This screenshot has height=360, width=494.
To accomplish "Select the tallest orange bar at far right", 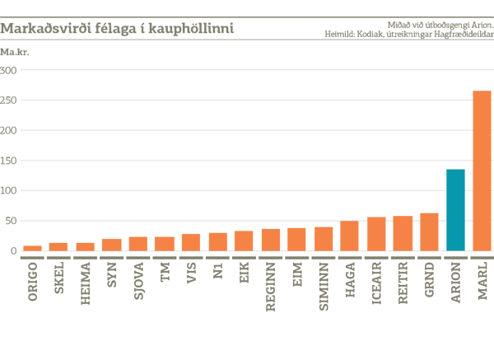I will point(480,165).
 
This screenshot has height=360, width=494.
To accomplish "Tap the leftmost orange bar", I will point(31,241).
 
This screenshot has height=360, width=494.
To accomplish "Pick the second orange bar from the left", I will point(58,241).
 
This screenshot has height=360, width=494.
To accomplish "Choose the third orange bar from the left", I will point(85,241).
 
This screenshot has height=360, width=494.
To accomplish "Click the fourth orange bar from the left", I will point(111,241).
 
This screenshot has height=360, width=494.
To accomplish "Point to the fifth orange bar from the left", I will point(137,241).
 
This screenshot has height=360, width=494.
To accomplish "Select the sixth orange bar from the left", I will point(164,241).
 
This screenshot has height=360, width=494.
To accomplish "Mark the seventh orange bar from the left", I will point(190,241).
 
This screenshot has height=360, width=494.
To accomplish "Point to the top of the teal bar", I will point(455,169).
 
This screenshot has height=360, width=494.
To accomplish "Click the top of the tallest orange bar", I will point(480,84).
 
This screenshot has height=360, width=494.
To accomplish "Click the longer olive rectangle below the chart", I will point(151,302).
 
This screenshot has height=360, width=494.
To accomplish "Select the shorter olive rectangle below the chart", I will point(403,302).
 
